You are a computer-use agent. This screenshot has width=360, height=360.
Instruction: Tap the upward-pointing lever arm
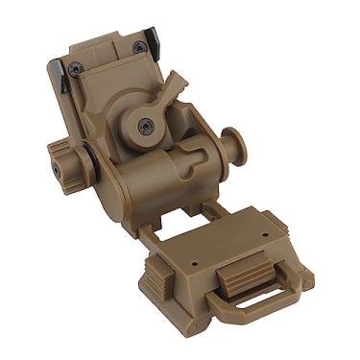170,89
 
